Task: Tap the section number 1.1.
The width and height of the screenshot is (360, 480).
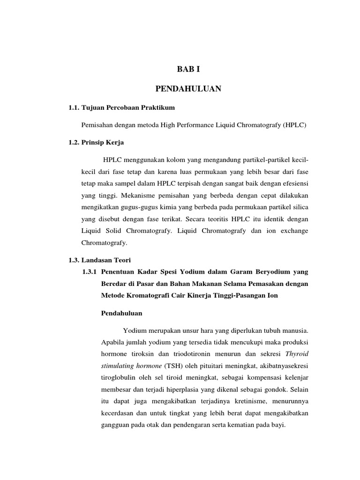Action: [x=74, y=108]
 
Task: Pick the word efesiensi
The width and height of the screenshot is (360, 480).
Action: [x=293, y=182]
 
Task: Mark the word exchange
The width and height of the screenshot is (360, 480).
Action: [x=293, y=231]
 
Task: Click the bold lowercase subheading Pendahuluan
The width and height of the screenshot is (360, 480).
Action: [x=122, y=313]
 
